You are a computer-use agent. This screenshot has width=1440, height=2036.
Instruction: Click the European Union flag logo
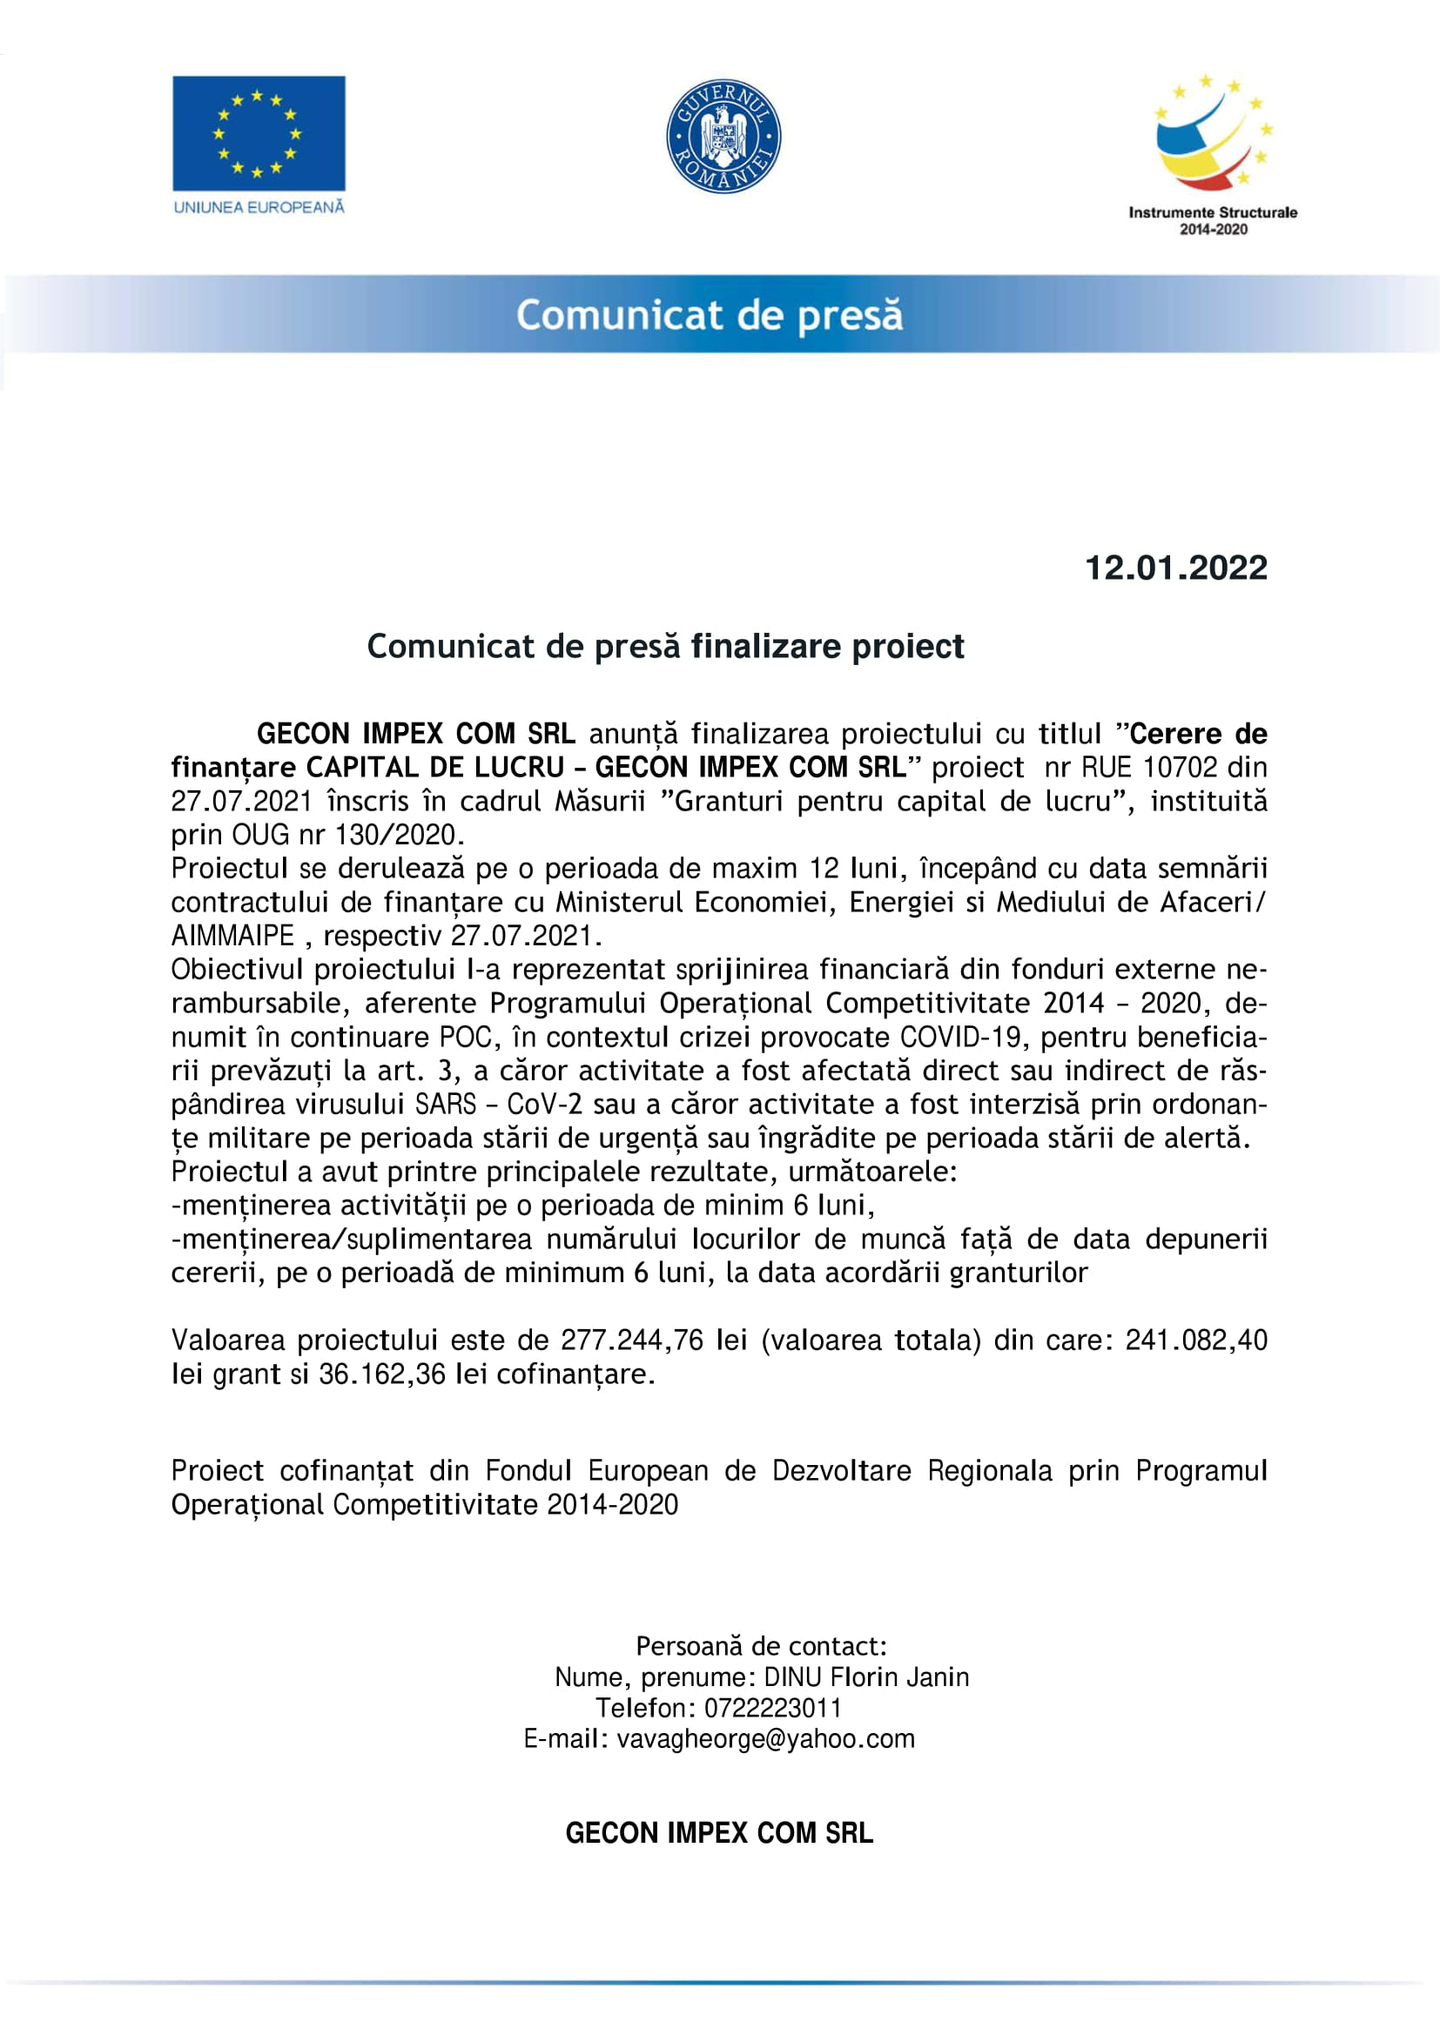click(258, 133)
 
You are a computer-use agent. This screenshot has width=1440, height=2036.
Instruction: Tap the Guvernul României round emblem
click(723, 137)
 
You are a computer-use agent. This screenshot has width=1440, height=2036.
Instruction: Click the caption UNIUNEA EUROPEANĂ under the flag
click(259, 207)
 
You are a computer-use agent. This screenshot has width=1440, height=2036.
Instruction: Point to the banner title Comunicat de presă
click(710, 316)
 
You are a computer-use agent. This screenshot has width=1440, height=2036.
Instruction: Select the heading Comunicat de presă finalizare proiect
click(665, 647)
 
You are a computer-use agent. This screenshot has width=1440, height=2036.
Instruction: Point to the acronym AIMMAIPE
click(232, 936)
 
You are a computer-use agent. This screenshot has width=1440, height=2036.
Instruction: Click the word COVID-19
click(961, 1037)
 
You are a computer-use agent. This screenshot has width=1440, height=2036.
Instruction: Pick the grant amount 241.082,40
click(1196, 1340)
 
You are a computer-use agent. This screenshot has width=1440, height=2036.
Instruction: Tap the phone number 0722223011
click(772, 1708)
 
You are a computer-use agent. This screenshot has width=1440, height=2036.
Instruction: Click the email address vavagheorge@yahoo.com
click(765, 1739)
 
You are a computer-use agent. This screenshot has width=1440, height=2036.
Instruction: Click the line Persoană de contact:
click(762, 1647)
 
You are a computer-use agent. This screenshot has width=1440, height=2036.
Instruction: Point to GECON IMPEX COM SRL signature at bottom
click(719, 1833)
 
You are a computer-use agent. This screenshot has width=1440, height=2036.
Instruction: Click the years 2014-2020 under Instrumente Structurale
click(1213, 230)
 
